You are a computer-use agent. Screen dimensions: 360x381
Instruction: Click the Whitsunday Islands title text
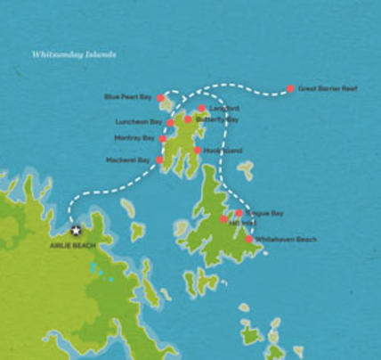74,53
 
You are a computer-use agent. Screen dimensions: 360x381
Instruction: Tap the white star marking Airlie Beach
76,230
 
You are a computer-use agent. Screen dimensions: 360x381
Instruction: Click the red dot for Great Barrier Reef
290,89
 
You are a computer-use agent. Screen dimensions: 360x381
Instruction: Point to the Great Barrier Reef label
328,89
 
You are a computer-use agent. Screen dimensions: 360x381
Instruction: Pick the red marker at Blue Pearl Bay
160,98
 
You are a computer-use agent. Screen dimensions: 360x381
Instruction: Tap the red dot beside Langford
202,109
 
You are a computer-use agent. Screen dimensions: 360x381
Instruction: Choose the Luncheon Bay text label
138,122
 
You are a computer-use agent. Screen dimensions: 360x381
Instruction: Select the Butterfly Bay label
217,119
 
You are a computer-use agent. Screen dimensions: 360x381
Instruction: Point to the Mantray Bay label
134,138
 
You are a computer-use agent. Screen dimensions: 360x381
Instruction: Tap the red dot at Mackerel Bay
159,160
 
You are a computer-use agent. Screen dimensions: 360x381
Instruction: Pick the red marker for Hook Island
197,151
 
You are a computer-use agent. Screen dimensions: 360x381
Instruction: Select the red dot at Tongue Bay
239,213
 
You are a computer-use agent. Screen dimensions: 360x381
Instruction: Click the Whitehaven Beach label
286,240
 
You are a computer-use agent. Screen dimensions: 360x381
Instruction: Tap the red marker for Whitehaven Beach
248,239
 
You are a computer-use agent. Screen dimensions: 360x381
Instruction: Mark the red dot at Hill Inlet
223,219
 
